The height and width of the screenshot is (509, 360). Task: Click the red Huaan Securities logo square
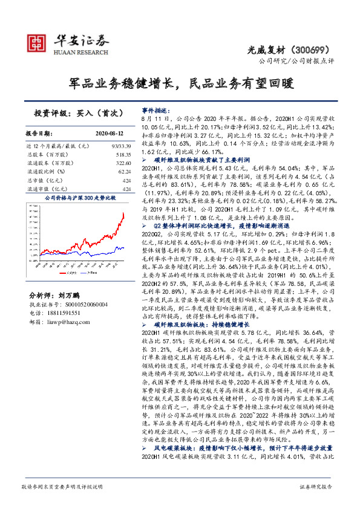coord(38,42)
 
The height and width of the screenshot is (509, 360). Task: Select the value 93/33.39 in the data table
coord(121,147)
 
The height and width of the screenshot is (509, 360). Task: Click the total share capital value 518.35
coord(123,155)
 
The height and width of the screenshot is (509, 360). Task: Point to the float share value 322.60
coord(123,164)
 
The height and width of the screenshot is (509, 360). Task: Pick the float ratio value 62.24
coord(125,172)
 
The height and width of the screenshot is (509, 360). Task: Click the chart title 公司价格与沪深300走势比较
coord(80,198)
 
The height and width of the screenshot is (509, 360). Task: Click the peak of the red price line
coord(123,213)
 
